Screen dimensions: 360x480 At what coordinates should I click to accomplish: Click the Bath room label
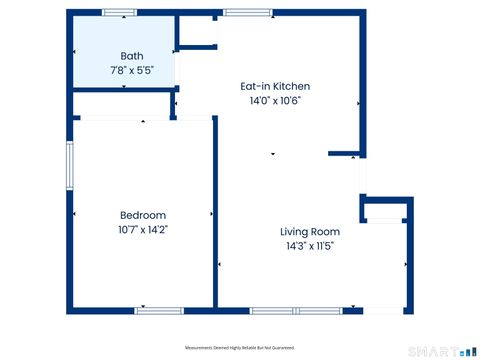coord(132,56)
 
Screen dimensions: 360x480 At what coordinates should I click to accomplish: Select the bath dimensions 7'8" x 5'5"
coord(132,71)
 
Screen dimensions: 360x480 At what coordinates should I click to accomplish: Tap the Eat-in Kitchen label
coord(275,86)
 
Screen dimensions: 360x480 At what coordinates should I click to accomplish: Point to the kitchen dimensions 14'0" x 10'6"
coord(275,100)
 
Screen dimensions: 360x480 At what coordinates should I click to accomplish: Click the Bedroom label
coord(143,215)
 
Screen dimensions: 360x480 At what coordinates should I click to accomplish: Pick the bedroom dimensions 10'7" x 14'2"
coord(143,230)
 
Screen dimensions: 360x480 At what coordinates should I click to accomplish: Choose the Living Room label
coord(310,231)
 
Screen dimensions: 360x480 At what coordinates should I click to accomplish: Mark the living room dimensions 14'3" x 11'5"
coord(310,246)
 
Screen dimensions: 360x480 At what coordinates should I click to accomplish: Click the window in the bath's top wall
coord(120,13)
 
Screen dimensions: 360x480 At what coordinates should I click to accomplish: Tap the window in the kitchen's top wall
coord(240,13)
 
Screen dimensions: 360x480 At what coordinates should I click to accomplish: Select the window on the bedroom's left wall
coord(70,165)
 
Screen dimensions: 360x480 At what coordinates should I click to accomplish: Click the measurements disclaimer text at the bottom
coord(240,348)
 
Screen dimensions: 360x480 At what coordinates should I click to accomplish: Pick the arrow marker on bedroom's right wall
coord(211,214)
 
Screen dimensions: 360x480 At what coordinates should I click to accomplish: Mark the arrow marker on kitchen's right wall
coord(360,102)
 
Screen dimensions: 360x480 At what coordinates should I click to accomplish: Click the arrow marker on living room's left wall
coord(219,264)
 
